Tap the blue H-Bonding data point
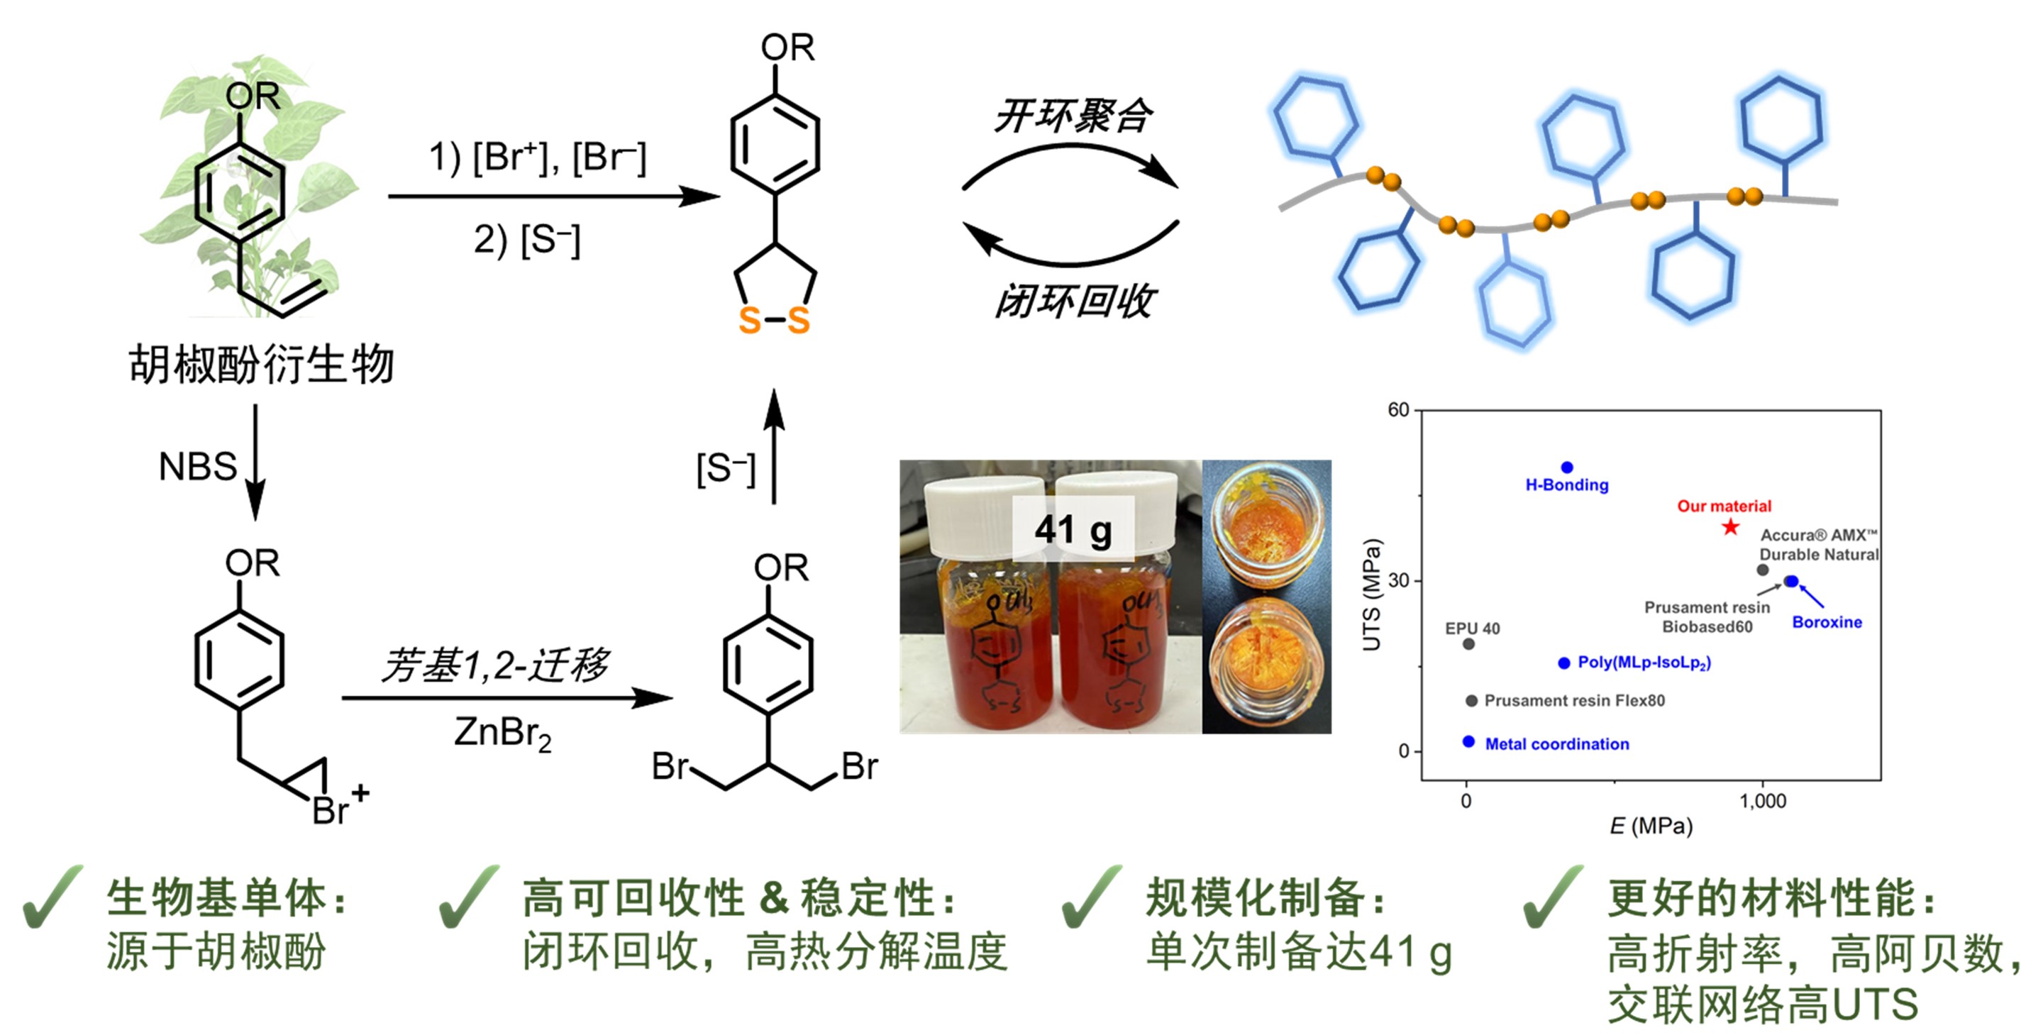(1566, 468)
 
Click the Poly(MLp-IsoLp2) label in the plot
(1644, 663)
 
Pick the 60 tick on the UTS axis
(1397, 410)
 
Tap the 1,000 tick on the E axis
(1762, 801)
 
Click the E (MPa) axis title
(1651, 826)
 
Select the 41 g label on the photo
(1073, 530)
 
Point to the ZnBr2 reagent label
(502, 733)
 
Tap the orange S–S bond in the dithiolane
(774, 321)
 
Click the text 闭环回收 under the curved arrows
(1074, 301)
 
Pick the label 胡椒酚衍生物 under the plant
(261, 364)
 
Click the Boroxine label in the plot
(1827, 623)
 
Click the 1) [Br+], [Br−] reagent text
(538, 157)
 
